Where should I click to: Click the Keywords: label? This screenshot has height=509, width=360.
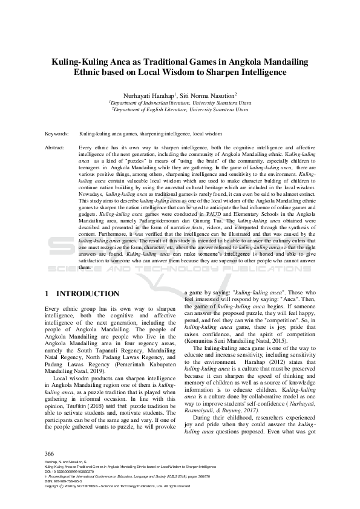coord(57,133)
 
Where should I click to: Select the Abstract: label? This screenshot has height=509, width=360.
coord(56,148)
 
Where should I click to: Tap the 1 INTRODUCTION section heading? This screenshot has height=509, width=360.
coord(82,294)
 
